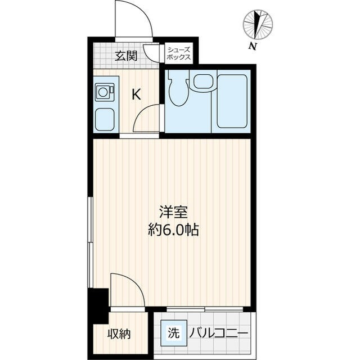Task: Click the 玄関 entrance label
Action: coord(127,55)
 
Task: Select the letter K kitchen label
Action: coord(136,94)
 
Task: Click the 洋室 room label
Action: coord(173,213)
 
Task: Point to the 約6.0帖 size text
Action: coord(173,229)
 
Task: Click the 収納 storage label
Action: coord(119,334)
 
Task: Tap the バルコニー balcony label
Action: coord(218,334)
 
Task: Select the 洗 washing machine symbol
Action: coord(173,333)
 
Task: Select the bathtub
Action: coord(232,101)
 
